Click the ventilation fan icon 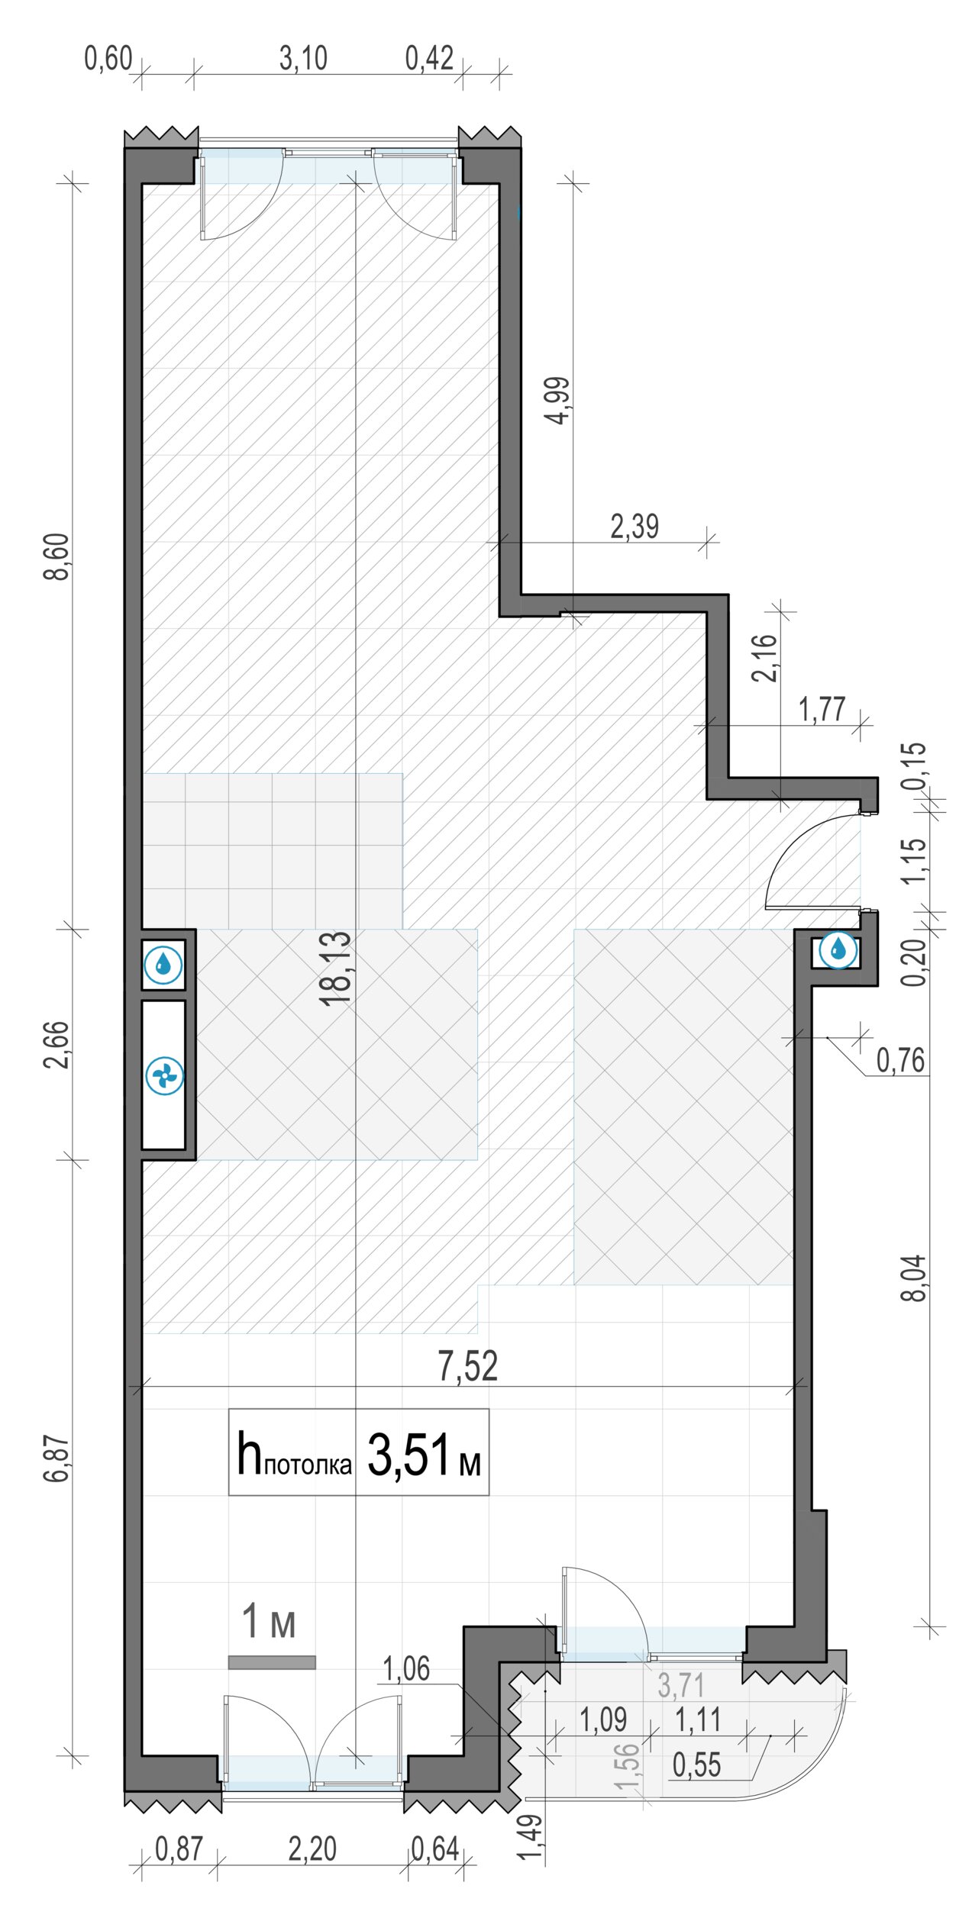(x=164, y=1076)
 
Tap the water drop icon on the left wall (x=163, y=965)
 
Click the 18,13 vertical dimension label (x=336, y=968)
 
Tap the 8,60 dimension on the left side (x=57, y=557)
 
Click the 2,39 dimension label (x=635, y=527)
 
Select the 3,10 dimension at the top (x=303, y=58)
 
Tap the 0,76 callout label (x=900, y=1060)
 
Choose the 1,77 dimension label (x=822, y=710)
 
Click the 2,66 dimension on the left (x=57, y=1045)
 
